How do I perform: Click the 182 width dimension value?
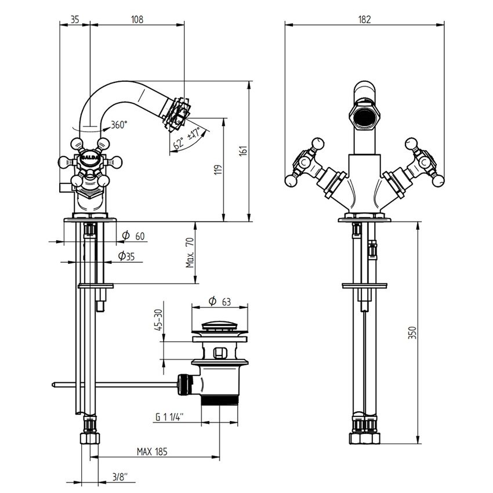364,19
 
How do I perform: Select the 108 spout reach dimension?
137,19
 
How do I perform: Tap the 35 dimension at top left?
75,19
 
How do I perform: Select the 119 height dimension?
218,170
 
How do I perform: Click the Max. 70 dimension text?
190,253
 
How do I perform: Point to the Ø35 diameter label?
126,256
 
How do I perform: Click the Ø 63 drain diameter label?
219,302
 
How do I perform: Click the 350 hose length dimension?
412,332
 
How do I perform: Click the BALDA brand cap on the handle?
90,157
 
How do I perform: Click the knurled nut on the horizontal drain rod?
184,383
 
